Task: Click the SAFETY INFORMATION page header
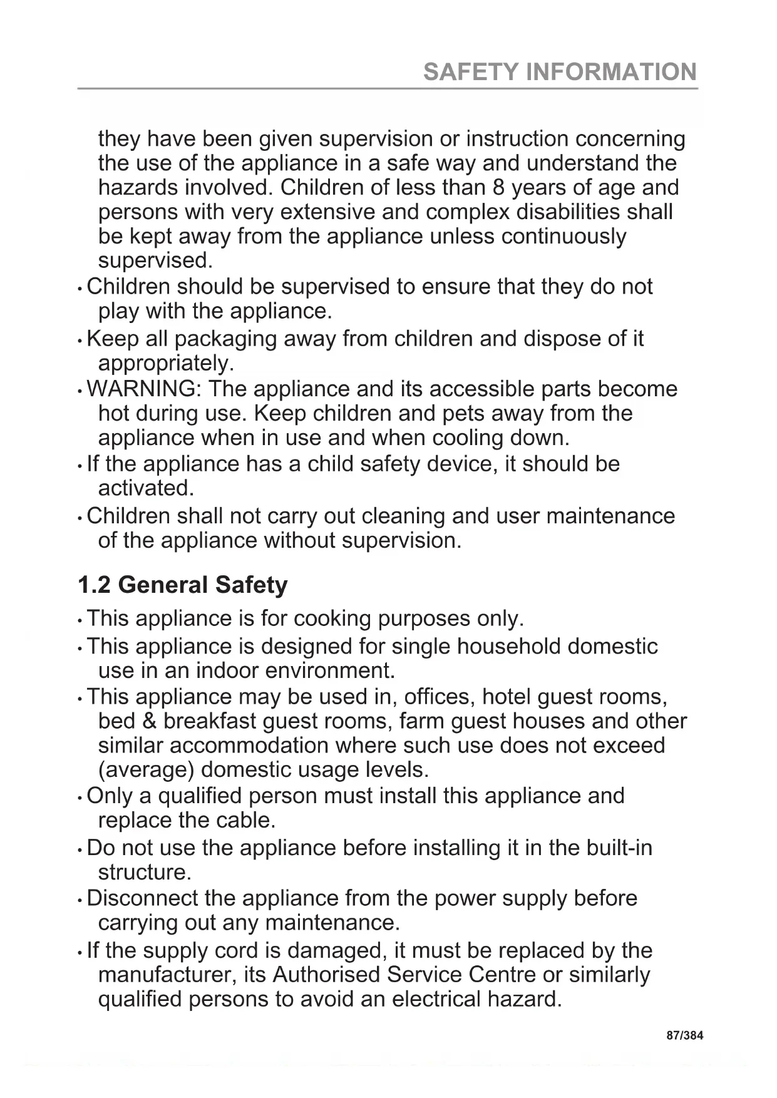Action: pyautogui.click(x=560, y=72)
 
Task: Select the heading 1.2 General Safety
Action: pyautogui.click(x=182, y=585)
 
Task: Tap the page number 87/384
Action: pyautogui.click(x=684, y=1035)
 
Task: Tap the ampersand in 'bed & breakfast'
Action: pyautogui.click(x=149, y=721)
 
